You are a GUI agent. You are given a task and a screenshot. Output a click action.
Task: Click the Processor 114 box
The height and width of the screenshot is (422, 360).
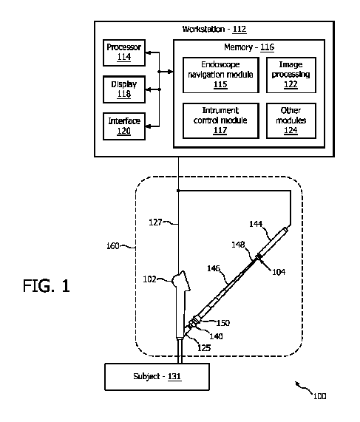point(124,52)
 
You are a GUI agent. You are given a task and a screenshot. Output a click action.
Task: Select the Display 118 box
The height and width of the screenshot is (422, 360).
point(124,89)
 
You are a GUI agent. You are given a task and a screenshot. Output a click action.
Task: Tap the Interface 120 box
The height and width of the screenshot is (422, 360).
point(124,126)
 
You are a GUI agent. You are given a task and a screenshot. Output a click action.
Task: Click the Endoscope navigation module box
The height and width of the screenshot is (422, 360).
point(221,75)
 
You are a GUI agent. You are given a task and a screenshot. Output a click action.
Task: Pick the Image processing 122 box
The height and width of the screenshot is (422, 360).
point(291,75)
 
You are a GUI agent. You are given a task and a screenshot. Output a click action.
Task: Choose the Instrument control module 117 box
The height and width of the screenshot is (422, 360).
point(221,121)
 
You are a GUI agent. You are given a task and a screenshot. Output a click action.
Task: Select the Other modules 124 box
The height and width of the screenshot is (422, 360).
point(291,121)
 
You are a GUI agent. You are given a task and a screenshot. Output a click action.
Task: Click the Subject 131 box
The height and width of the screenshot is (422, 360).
point(157,377)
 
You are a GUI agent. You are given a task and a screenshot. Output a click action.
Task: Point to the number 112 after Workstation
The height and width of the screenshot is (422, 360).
point(240,29)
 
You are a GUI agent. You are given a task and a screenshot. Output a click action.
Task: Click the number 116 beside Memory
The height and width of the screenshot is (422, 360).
point(267,47)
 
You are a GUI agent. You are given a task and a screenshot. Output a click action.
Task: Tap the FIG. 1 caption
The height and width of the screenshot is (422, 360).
point(47,285)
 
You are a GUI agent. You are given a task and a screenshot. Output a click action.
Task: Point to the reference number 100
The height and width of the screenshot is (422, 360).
point(320,396)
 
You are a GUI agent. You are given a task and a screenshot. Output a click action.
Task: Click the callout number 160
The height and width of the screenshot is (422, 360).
point(113,246)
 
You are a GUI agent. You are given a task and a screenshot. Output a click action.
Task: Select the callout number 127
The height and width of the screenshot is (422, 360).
point(155,222)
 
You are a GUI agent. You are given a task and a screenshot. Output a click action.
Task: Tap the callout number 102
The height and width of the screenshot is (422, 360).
point(149,279)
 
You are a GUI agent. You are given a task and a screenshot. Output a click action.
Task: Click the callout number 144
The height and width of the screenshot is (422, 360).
point(256,224)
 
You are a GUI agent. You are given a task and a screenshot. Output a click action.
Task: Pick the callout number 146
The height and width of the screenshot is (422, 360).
point(214,268)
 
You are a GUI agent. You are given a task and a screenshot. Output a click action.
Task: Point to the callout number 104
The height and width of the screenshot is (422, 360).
point(279,273)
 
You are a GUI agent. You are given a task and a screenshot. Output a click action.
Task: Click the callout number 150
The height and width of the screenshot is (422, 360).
point(223,323)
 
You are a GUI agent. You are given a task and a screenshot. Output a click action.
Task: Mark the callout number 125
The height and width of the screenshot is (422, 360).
point(204,348)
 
